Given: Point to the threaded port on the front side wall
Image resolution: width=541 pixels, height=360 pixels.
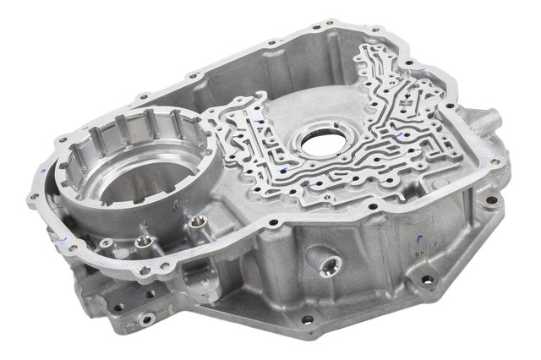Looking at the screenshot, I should coord(325,263).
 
